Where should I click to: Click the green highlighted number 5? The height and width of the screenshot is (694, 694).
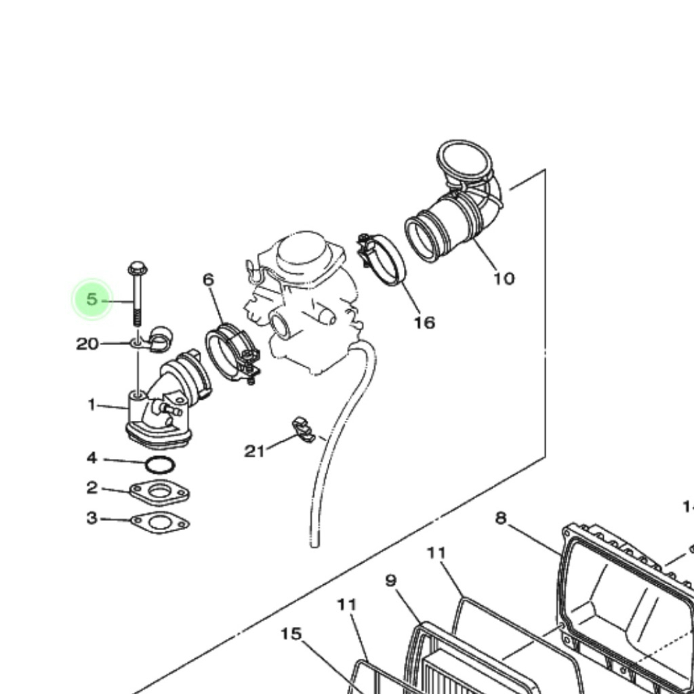(x=91, y=299)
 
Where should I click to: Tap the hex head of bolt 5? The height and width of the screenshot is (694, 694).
(x=137, y=269)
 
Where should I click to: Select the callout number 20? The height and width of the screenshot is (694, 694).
(x=87, y=344)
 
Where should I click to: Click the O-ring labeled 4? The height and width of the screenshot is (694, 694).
(x=160, y=466)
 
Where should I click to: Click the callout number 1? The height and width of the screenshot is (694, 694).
(x=91, y=405)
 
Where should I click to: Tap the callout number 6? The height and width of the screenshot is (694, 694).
(x=208, y=279)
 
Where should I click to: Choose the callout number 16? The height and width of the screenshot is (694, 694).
(x=424, y=323)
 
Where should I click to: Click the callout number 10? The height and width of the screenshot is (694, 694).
(x=504, y=278)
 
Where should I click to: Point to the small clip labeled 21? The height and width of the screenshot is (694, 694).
(x=304, y=430)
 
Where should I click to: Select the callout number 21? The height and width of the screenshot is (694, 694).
(x=254, y=451)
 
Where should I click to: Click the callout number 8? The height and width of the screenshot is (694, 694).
(x=500, y=518)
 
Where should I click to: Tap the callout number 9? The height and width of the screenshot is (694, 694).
(x=390, y=580)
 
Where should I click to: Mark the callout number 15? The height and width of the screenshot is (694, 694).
(x=291, y=634)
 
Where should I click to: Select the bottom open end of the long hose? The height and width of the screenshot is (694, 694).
(x=314, y=542)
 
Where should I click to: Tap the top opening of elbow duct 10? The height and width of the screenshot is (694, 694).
(x=464, y=161)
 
